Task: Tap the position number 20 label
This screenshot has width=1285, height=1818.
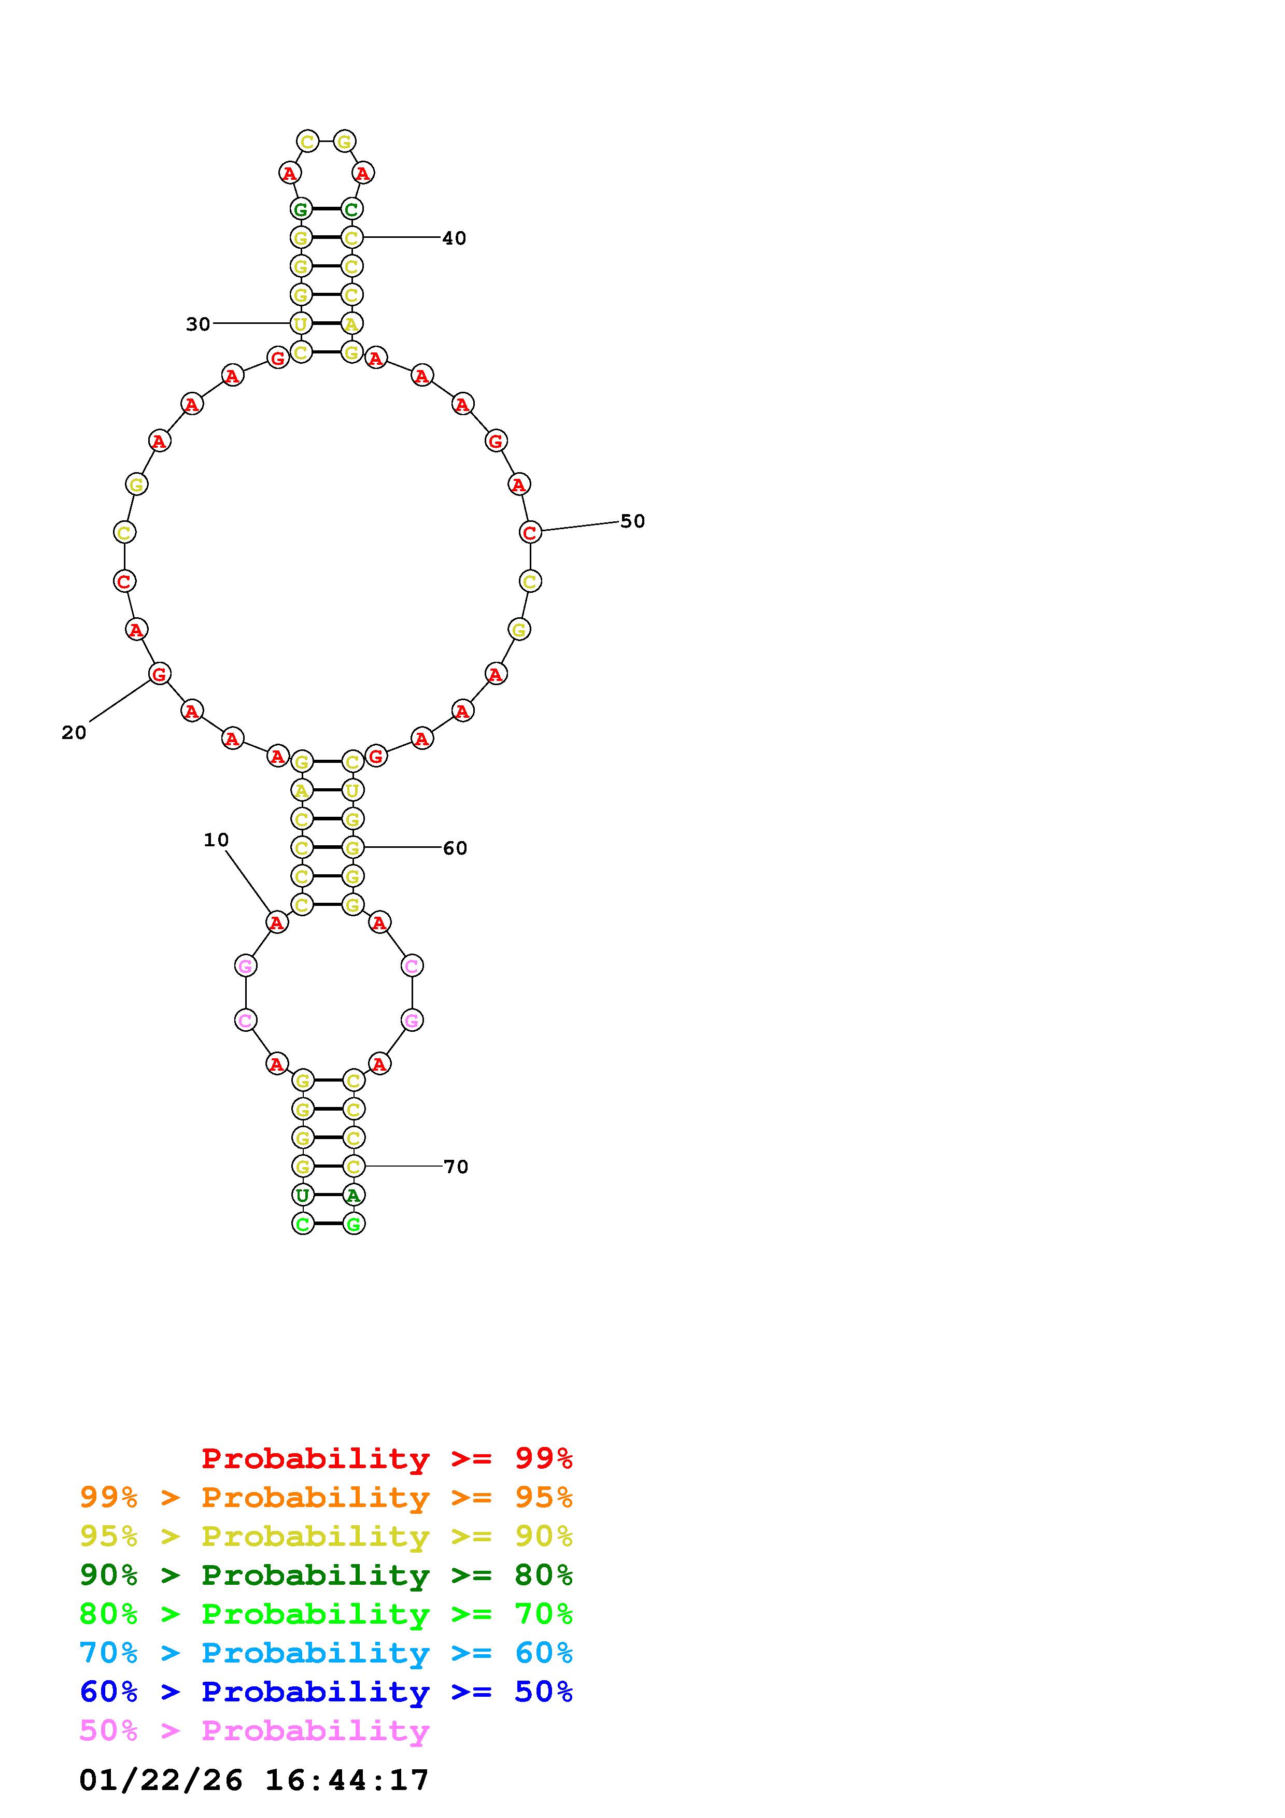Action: coord(74,732)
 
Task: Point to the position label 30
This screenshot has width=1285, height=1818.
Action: coord(198,324)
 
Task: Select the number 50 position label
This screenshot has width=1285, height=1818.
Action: coord(632,521)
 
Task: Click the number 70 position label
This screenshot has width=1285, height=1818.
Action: coord(456,1167)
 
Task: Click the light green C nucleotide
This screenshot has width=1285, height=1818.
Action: coord(302,1224)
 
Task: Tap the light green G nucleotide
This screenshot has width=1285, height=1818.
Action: coord(353,1224)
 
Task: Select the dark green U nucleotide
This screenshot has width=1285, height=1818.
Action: coord(302,1195)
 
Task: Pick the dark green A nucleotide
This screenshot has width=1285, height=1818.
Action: coord(353,1195)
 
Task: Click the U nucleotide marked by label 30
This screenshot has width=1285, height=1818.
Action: coord(301,323)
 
